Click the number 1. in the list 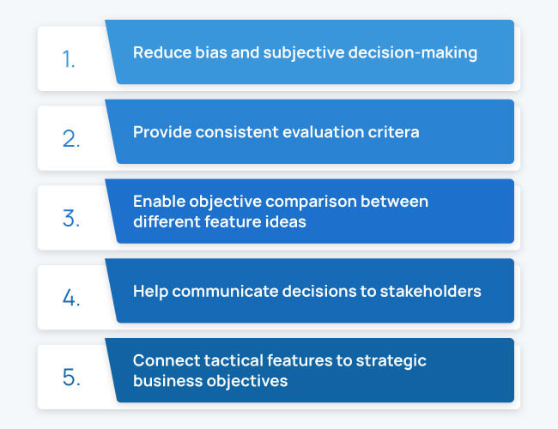coord(69,59)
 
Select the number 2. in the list coord(71,139)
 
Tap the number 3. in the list coord(71,218)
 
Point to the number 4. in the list coord(71,298)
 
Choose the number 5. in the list coord(71,377)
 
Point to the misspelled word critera coord(393,132)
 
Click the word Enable coord(159,202)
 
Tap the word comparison coord(311,202)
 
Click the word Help coord(150,292)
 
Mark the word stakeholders coord(431,292)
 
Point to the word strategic coord(391,361)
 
